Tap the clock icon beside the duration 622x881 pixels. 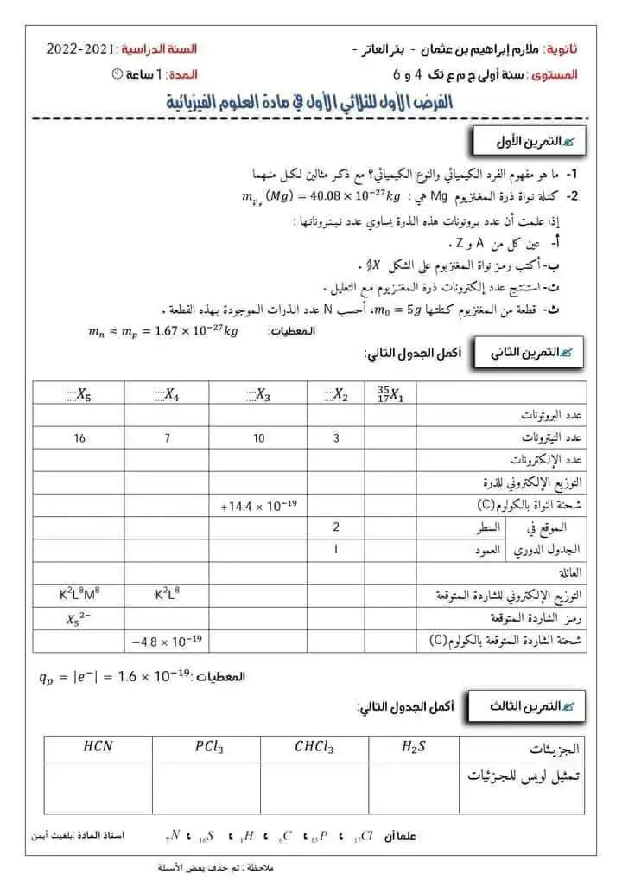click(117, 75)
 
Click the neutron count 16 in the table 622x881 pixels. click(79, 438)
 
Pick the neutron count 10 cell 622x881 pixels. click(259, 438)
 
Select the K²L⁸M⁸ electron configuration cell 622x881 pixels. click(79, 595)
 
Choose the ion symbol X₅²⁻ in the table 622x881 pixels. click(79, 618)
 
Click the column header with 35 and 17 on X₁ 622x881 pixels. click(400, 394)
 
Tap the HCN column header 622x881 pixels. click(98, 747)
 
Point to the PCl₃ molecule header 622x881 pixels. click(205, 747)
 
